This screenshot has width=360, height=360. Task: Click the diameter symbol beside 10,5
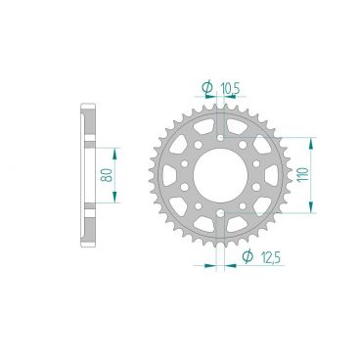(x=207, y=88)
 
